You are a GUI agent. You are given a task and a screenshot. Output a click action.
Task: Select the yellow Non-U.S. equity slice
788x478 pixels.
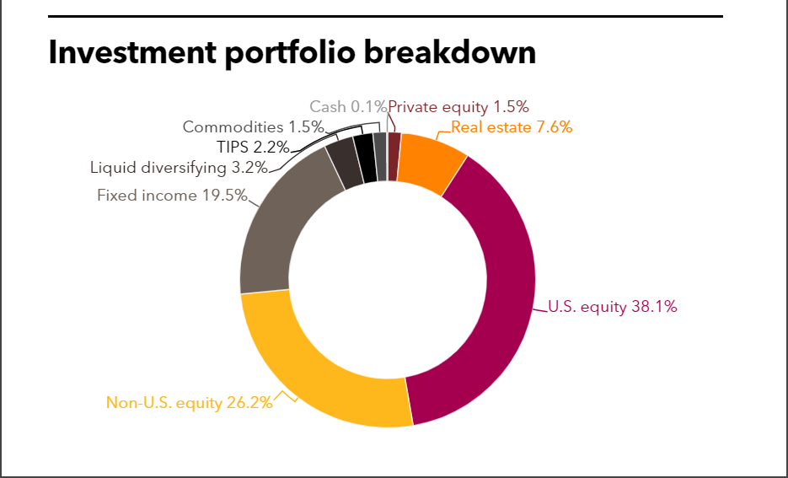click(320, 371)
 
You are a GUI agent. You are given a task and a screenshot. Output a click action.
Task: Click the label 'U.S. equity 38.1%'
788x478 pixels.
click(613, 307)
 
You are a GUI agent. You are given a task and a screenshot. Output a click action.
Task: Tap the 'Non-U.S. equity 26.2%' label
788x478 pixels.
click(190, 402)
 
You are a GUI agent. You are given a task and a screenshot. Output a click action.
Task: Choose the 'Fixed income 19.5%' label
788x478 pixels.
click(173, 196)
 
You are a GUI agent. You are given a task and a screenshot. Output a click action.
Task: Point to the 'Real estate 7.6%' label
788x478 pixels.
click(512, 127)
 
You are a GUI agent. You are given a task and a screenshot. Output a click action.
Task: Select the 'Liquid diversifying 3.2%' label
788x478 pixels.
click(179, 167)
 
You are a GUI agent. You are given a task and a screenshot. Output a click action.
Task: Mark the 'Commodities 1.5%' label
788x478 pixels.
click(254, 127)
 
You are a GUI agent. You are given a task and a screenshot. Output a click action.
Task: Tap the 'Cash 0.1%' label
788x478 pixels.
click(347, 106)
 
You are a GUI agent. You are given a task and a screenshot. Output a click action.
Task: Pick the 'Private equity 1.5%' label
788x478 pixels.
click(458, 106)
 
